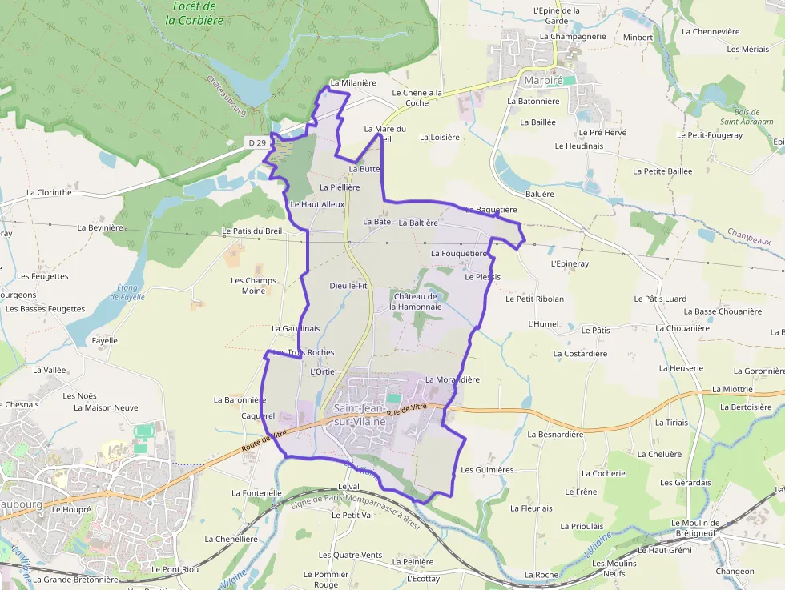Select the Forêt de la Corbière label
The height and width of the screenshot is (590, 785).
pos(189,14)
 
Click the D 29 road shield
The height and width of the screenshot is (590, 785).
pos(256,142)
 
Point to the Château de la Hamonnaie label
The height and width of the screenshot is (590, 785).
pos(417,301)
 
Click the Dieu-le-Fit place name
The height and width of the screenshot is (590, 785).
pos(348,285)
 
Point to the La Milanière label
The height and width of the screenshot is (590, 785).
pos(352,82)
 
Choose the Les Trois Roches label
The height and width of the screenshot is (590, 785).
pos(304,352)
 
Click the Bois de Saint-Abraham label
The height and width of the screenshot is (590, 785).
pos(746,116)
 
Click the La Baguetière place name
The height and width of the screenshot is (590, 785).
pos(491,210)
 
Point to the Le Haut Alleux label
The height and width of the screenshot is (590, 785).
pos(316,204)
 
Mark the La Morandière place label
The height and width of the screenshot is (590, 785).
pos(452,379)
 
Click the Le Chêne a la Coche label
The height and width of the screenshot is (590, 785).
pos(417,98)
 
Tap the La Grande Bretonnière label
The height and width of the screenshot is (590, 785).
pos(75,579)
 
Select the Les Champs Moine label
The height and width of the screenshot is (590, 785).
pos(253,286)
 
